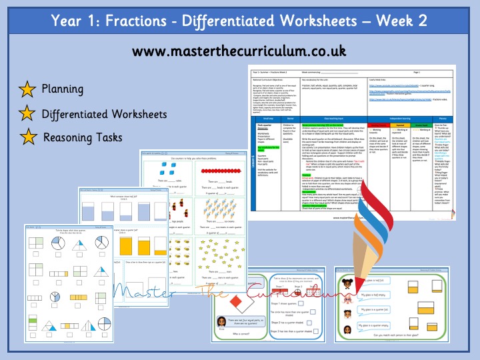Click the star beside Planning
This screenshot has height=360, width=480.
[x=29, y=89]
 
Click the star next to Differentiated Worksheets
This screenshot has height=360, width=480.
[x=29, y=114]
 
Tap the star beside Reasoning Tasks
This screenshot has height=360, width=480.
[x=29, y=138]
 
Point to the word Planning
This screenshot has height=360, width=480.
[x=63, y=89]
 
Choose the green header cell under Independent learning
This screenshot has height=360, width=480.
[x=424, y=123]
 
